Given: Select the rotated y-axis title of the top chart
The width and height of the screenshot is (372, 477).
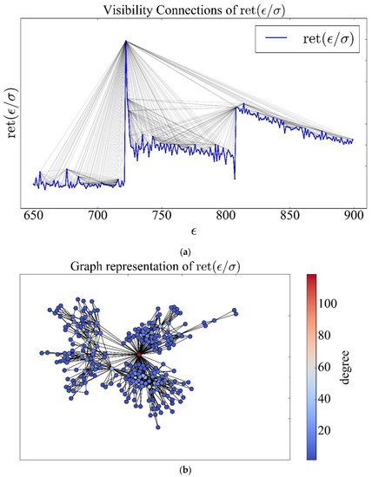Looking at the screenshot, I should (11, 113).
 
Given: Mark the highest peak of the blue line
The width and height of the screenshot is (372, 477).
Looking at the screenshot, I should (125, 41).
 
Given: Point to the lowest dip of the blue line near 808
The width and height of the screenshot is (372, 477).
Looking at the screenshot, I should (236, 178).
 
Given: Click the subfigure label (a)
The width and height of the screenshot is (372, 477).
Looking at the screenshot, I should (185, 251).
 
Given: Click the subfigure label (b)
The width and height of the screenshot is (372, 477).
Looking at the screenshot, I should (185, 469).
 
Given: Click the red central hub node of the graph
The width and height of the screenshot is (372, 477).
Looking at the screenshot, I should (139, 355).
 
